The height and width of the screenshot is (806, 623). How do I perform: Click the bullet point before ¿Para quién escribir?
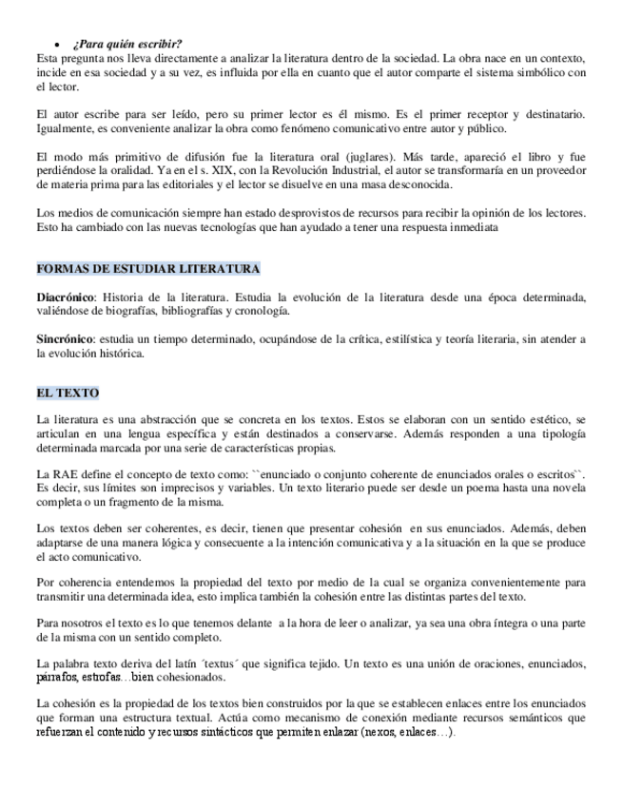pyautogui.click(x=60, y=44)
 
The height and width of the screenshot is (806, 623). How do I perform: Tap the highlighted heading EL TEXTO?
pyautogui.click(x=68, y=393)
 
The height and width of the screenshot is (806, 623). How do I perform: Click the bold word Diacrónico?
pyautogui.click(x=66, y=298)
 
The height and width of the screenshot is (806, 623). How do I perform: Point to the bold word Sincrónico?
pyautogui.click(x=64, y=339)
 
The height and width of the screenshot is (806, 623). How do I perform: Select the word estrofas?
pyautogui.click(x=99, y=677)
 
